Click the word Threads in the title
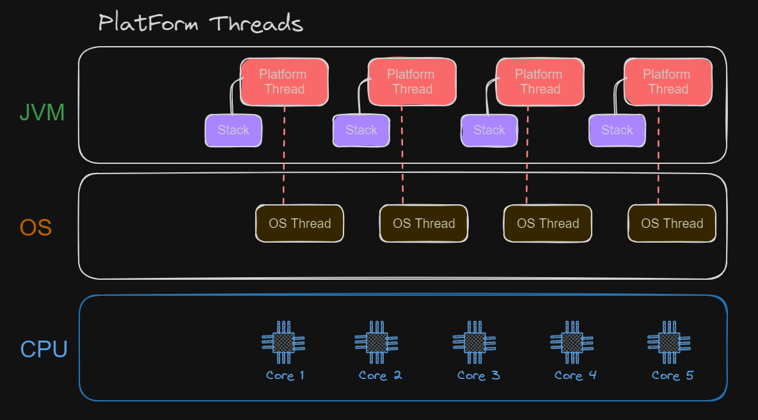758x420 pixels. click(256, 24)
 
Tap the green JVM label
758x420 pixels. click(42, 113)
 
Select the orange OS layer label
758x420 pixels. click(35, 227)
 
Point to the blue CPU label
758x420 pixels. click(43, 350)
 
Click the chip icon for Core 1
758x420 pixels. click(284, 343)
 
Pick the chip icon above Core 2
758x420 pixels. click(377, 343)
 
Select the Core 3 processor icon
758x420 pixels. click(475, 343)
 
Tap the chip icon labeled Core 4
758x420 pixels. click(572, 343)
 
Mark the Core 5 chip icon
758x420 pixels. click(670, 343)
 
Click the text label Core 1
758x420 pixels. click(285, 375)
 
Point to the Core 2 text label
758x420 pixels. click(380, 375)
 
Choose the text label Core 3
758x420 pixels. click(478, 375)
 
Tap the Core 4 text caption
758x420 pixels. click(576, 375)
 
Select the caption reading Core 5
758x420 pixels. click(672, 375)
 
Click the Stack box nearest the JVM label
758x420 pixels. click(233, 131)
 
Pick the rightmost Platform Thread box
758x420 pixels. click(668, 82)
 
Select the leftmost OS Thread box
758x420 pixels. click(299, 223)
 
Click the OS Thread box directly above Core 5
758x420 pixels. click(672, 223)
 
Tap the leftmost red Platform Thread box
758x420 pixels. click(284, 82)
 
